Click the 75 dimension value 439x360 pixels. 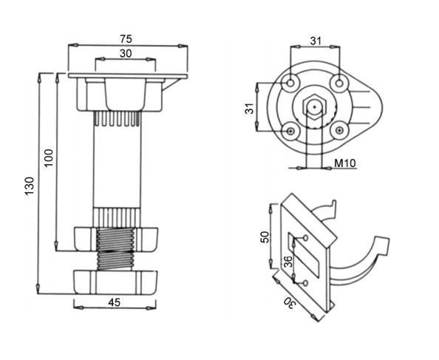(x=126, y=39)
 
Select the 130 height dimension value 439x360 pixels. (x=30, y=186)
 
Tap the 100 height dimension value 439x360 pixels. (x=49, y=158)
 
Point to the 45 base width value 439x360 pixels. (x=115, y=302)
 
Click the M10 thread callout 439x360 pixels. (x=345, y=163)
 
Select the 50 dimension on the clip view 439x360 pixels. (x=265, y=237)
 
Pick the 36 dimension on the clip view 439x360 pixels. (x=287, y=262)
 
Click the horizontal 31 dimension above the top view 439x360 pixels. (x=316, y=41)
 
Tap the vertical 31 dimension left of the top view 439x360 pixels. (x=250, y=109)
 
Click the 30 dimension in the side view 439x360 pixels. (x=126, y=53)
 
